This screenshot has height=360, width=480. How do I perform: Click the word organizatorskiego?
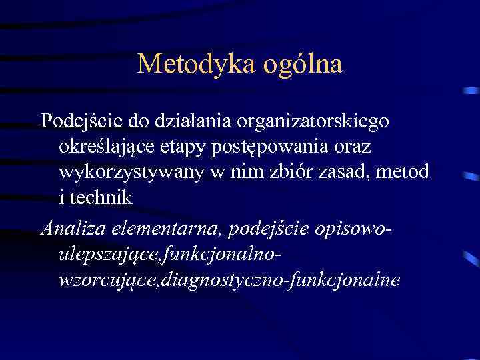click(318, 122)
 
